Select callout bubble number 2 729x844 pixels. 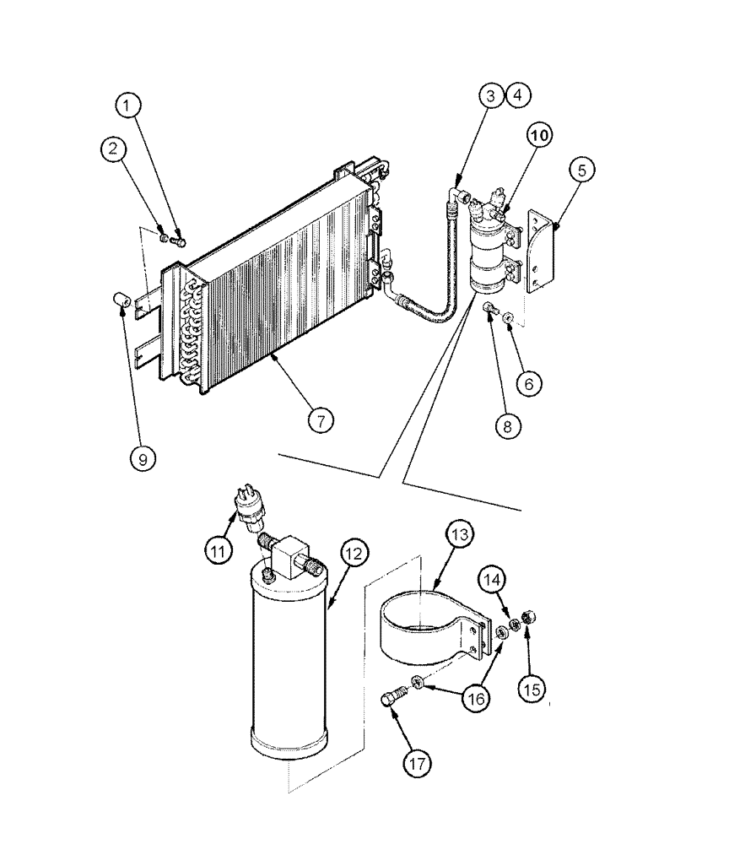(116, 149)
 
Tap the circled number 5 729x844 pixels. (581, 169)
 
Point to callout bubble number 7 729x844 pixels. (320, 419)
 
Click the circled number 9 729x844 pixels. (142, 458)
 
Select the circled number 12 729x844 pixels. (354, 554)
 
